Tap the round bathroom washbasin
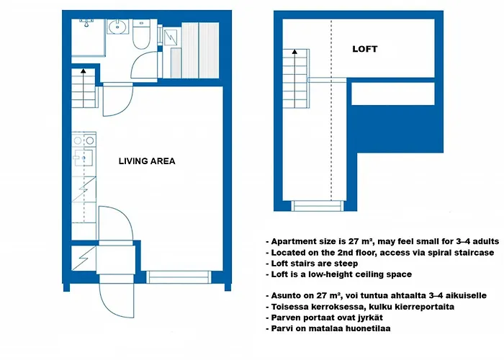coord(117,29)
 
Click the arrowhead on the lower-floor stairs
coord(84,71)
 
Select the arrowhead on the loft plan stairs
coord(294,52)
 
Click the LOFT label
coord(364,50)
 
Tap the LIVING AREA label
coord(147,161)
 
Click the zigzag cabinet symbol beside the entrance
coord(82,256)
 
